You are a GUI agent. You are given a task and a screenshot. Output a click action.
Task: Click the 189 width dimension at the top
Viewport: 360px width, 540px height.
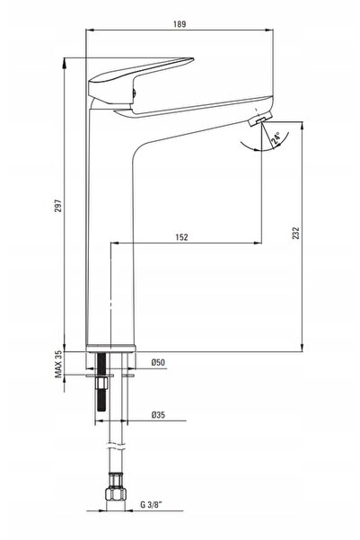pyautogui.click(x=180, y=24)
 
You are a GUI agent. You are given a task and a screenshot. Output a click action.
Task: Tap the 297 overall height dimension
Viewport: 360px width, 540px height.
pyautogui.click(x=58, y=206)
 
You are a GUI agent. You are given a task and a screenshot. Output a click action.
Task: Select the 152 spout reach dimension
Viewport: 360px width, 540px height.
pyautogui.click(x=181, y=237)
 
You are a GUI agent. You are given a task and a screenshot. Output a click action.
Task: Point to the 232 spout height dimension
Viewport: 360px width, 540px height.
pyautogui.click(x=295, y=233)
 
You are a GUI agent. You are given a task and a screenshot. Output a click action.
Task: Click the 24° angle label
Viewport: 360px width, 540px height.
pyautogui.click(x=277, y=137)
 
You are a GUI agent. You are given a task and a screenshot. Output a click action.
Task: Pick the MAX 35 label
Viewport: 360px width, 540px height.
pyautogui.click(x=58, y=365)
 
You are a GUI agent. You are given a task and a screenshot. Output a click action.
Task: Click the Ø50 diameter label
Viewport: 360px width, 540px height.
pyautogui.click(x=158, y=362)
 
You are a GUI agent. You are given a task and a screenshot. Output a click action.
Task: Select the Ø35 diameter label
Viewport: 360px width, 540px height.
pyautogui.click(x=158, y=414)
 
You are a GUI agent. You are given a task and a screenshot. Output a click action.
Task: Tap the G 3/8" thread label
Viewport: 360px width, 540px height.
pyautogui.click(x=151, y=505)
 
